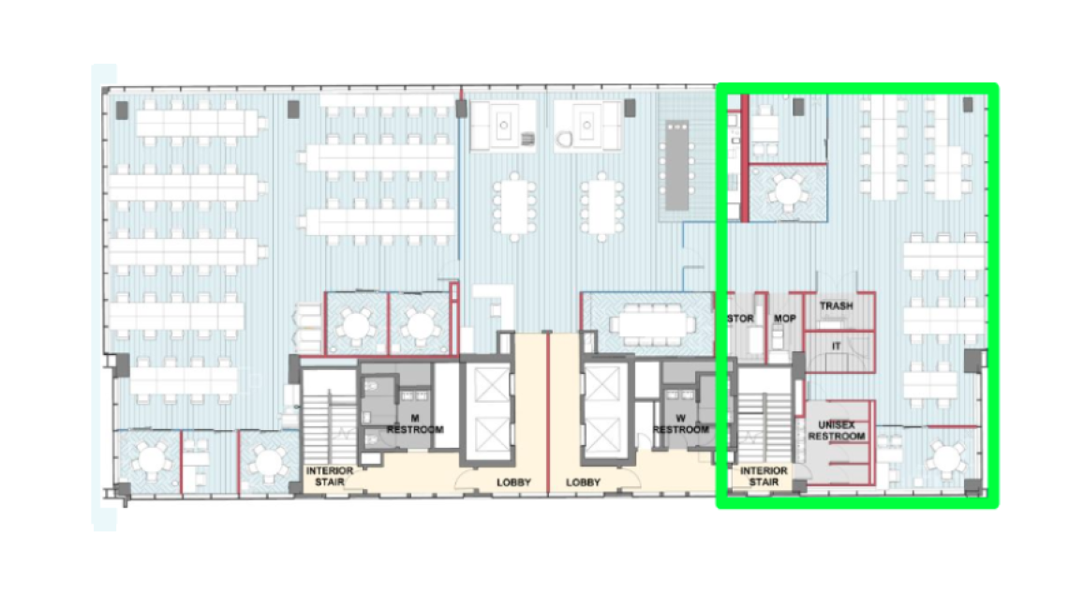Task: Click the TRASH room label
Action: click(836, 305)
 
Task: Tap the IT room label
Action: click(837, 346)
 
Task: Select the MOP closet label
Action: click(784, 319)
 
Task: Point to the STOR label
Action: click(740, 319)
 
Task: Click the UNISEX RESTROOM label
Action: click(837, 431)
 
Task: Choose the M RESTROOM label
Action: click(415, 423)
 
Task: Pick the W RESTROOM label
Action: click(681, 423)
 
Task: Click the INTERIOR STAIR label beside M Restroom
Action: click(330, 476)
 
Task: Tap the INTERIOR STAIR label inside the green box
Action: click(764, 476)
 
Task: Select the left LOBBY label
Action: click(513, 483)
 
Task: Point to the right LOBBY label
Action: click(583, 483)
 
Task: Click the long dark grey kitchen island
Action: click(676, 166)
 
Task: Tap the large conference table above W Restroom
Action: click(653, 323)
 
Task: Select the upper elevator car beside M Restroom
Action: click(492, 384)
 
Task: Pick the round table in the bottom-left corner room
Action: click(151, 459)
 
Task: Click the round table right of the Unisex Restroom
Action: click(944, 457)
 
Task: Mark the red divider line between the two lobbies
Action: click(547, 412)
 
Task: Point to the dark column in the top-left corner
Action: click(122, 110)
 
